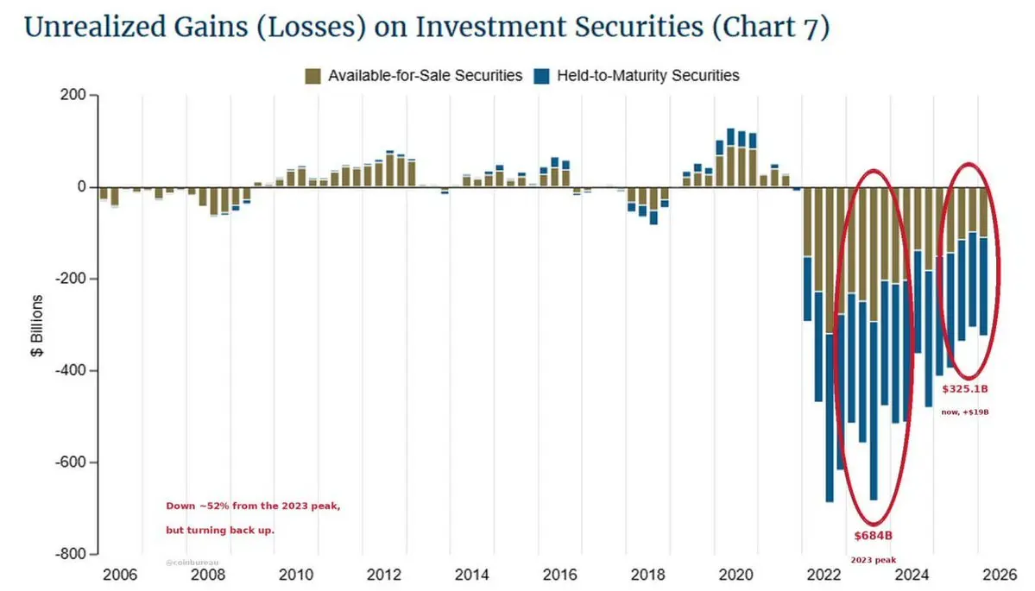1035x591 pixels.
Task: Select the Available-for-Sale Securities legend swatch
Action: click(312, 76)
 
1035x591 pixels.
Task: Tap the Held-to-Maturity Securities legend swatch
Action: click(542, 76)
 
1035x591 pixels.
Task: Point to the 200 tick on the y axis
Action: click(73, 95)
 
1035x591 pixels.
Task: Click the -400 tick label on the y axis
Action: click(71, 371)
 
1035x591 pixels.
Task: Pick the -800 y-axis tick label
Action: click(71, 554)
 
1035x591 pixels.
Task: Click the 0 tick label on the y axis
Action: click(82, 186)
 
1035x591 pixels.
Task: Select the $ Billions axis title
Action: click(37, 326)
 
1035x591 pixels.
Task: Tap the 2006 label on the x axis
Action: click(120, 575)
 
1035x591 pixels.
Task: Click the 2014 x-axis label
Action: click(472, 575)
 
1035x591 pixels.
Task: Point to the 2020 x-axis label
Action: click(736, 575)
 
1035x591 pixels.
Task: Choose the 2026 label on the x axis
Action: click(1000, 575)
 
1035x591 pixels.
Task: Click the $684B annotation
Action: click(874, 536)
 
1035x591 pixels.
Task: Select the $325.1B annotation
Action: click(965, 389)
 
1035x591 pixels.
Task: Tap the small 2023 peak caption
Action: click(874, 560)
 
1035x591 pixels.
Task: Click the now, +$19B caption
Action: click(965, 412)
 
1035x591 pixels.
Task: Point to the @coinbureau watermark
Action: click(192, 563)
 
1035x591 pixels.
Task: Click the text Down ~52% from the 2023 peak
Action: click(254, 506)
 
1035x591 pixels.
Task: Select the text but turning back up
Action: click(220, 531)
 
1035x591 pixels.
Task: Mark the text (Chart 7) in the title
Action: click(771, 28)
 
